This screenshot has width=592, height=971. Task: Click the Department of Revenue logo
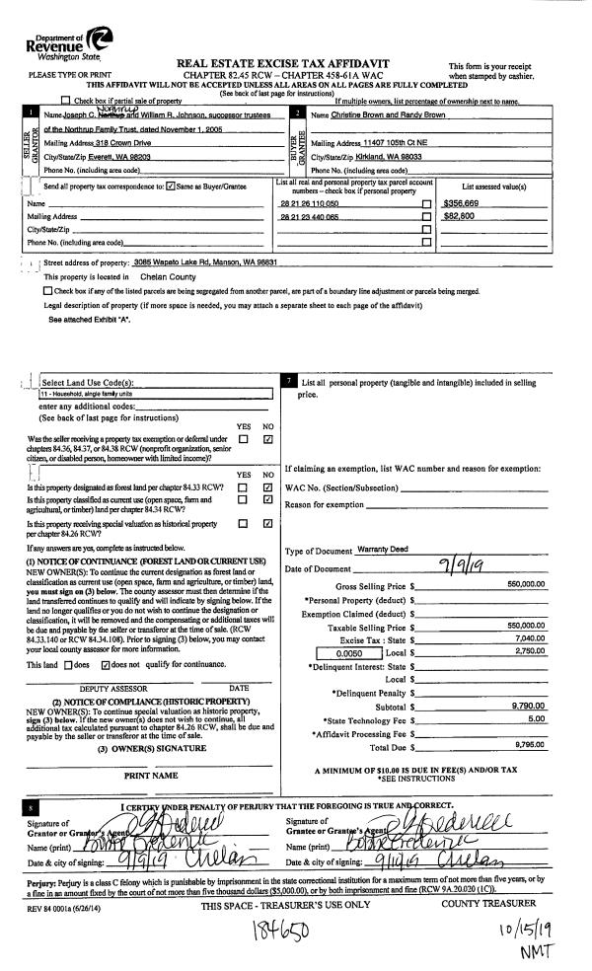(x=65, y=39)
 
